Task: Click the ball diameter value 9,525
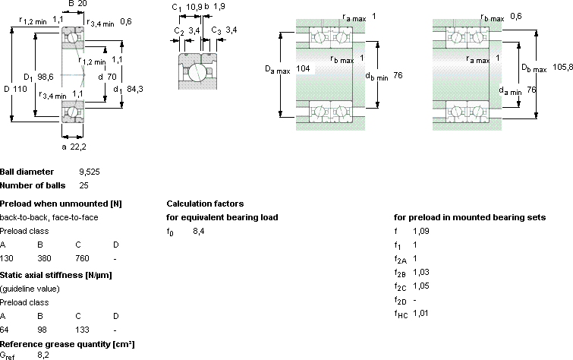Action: pos(89,172)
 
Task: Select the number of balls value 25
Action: pos(83,185)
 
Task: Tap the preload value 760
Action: pos(82,258)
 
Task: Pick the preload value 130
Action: pos(7,258)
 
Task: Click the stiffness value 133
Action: pos(82,330)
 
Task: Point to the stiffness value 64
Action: pos(5,330)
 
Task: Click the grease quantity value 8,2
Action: pos(43,355)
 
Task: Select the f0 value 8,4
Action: pos(199,231)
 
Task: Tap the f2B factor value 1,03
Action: pos(421,272)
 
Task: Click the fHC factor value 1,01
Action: pos(420,313)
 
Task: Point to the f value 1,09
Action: pos(421,231)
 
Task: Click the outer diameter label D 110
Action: pos(15,89)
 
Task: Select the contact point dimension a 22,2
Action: pos(74,147)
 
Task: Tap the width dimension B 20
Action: pos(77,4)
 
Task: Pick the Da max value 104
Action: pos(303,68)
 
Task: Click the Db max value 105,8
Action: pos(562,67)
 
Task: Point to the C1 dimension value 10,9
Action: pos(194,7)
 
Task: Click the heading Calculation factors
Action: pos(205,204)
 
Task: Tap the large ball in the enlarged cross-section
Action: pos(197,71)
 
